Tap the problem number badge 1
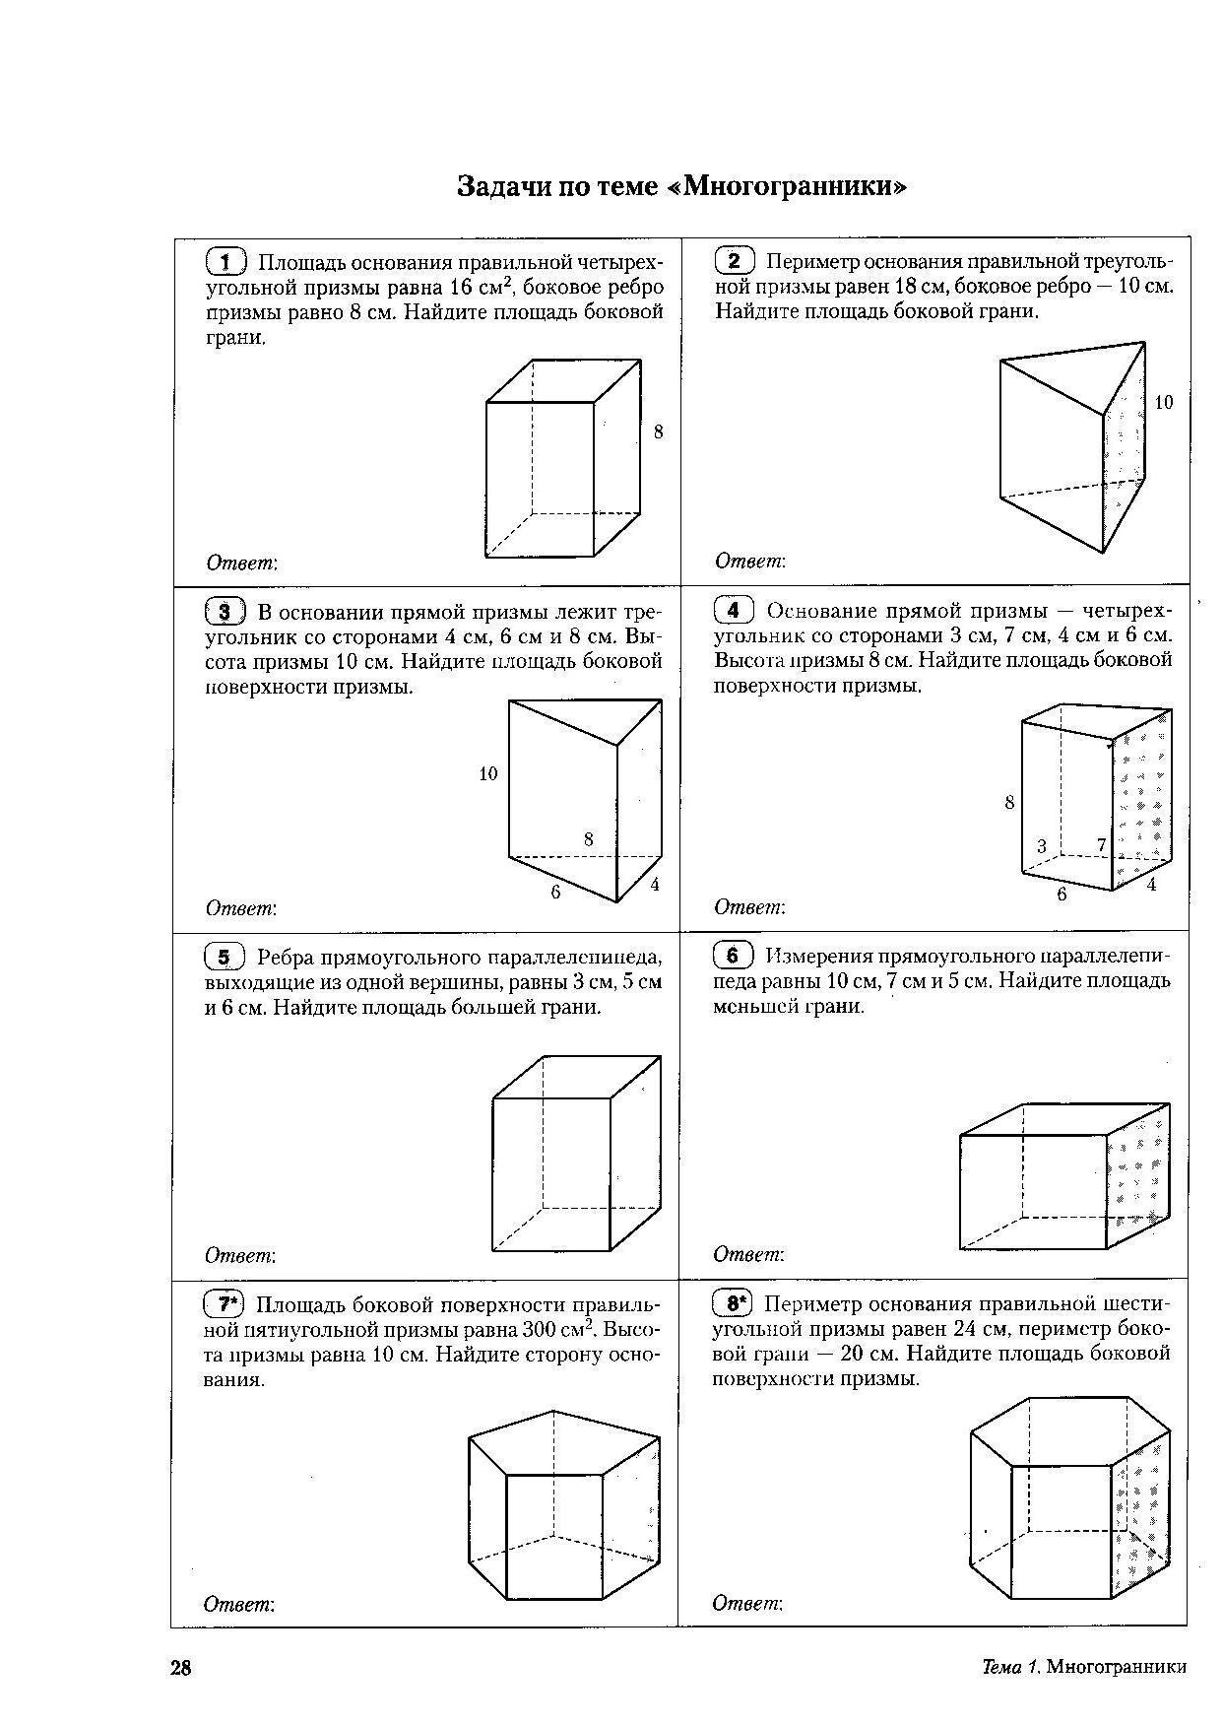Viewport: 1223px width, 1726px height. click(226, 262)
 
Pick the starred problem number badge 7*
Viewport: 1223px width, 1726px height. click(225, 1304)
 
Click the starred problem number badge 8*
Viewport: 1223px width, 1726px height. click(734, 1304)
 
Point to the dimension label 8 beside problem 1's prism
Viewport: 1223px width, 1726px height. click(658, 431)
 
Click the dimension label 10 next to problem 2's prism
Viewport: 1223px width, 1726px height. click(1163, 402)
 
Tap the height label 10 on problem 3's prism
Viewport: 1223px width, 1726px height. click(488, 774)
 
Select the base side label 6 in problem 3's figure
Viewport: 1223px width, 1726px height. click(556, 892)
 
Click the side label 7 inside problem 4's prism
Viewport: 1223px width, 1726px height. click(1101, 844)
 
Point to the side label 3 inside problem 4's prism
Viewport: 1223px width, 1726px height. click(1042, 846)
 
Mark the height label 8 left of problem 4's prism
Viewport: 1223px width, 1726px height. click(1009, 803)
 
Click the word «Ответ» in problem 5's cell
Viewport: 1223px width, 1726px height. click(239, 1256)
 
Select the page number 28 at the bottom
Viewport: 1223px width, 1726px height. click(181, 1668)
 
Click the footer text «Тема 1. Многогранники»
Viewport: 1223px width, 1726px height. click(1084, 1667)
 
